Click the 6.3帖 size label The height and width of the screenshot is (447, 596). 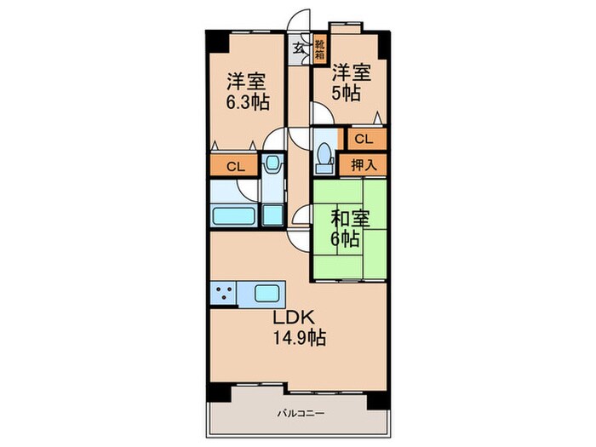pos(247,102)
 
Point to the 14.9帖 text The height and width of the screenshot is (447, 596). pos(298,337)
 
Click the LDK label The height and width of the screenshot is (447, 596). pos(294,318)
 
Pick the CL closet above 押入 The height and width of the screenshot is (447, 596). pos(364,138)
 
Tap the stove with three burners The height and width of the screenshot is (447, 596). pos(223,295)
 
